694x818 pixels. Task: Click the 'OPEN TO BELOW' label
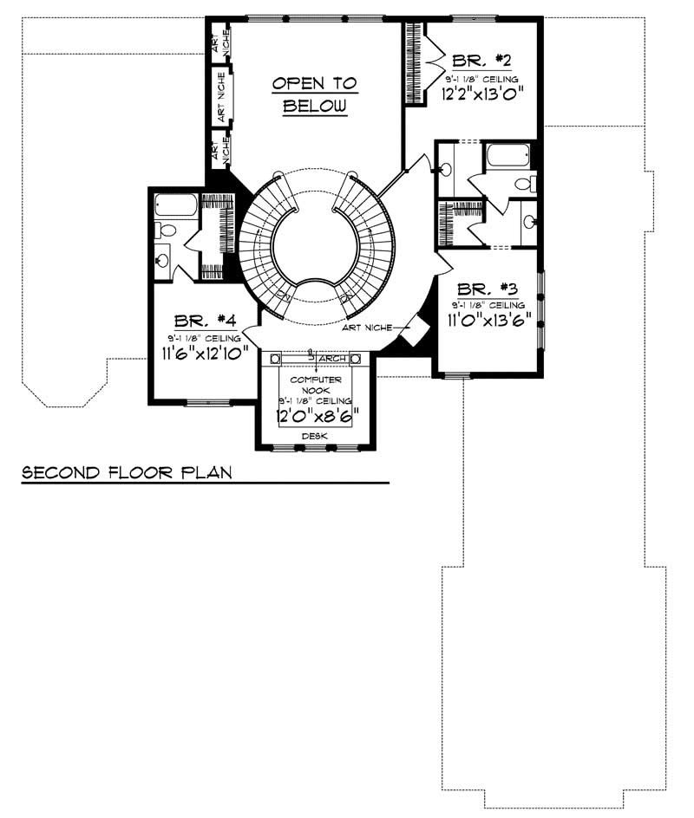[x=314, y=95]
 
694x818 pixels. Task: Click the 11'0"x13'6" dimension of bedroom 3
[x=488, y=320]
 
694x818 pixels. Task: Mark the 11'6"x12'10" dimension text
[x=205, y=352]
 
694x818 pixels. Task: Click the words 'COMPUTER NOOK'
[x=315, y=386]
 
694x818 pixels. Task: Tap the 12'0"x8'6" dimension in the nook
[x=316, y=415]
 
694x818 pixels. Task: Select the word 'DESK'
[x=315, y=437]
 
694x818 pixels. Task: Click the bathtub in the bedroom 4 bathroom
[x=176, y=206]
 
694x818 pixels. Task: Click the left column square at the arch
[x=276, y=358]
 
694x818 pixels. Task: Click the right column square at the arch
[x=355, y=358]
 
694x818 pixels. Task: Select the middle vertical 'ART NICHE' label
[x=222, y=94]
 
